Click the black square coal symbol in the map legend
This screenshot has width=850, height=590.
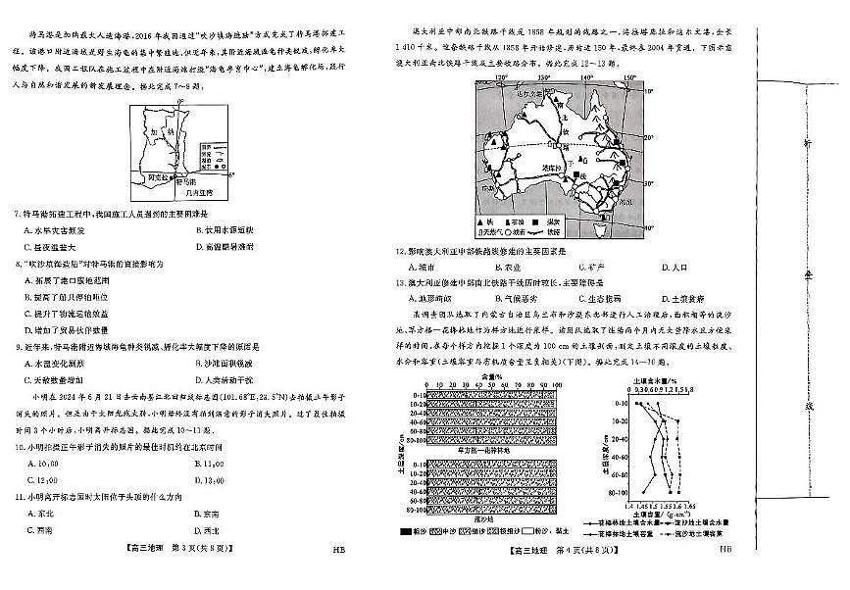click(550, 222)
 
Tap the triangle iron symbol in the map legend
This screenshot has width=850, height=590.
click(479, 222)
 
